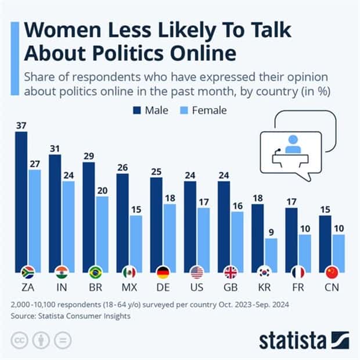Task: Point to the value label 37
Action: tap(21, 125)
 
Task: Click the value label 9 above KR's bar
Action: tap(272, 232)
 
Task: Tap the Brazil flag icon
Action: tap(96, 271)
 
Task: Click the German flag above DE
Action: tap(163, 271)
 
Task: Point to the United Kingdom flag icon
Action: tap(231, 271)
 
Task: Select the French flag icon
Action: tap(298, 271)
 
